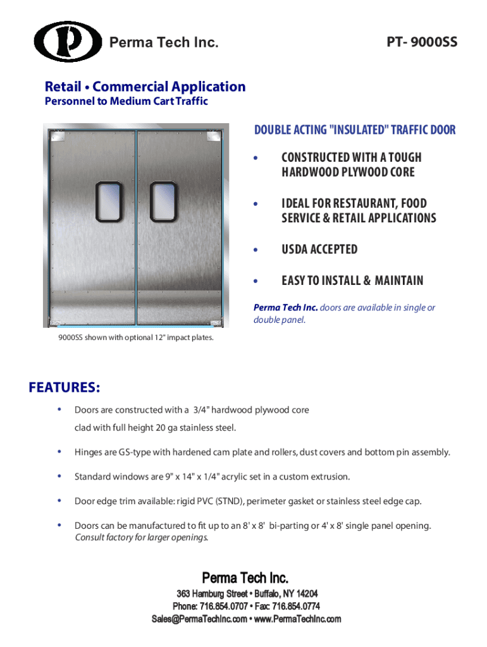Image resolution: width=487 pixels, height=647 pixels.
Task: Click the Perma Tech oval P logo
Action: pyautogui.click(x=68, y=42)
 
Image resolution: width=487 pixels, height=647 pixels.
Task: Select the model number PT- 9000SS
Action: pyautogui.click(x=422, y=43)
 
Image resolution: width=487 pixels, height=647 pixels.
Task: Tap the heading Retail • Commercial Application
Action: pyautogui.click(x=145, y=87)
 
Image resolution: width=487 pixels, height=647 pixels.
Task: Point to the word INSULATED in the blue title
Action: pyautogui.click(x=358, y=130)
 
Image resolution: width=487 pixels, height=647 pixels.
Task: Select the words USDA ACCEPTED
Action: pyautogui.click(x=319, y=250)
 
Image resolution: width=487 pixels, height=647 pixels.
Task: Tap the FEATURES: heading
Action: pyautogui.click(x=64, y=387)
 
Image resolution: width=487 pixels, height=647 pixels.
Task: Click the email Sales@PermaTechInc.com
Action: pyautogui.click(x=200, y=619)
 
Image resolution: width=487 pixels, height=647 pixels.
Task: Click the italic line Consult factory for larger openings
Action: pyautogui.click(x=141, y=538)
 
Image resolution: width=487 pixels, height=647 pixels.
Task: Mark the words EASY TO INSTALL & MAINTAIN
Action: pyautogui.click(x=352, y=281)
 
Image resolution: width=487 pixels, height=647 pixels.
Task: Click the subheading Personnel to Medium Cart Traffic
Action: pyautogui.click(x=126, y=101)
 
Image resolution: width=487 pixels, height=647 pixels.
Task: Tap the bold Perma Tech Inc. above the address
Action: pyautogui.click(x=245, y=577)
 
